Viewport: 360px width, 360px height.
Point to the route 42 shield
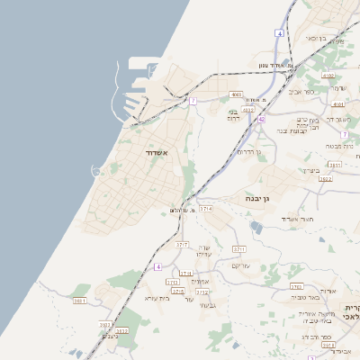tap(261, 119)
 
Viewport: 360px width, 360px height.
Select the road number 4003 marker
tap(237, 94)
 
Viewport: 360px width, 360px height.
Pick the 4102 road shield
tap(328, 76)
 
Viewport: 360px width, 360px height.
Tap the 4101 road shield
tap(338, 104)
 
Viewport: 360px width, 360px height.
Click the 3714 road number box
tap(207, 208)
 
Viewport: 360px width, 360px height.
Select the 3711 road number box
tap(239, 249)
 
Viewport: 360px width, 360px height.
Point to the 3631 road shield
tap(80, 301)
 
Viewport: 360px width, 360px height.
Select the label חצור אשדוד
tap(296, 219)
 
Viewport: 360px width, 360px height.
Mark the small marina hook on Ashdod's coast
tap(95, 171)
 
